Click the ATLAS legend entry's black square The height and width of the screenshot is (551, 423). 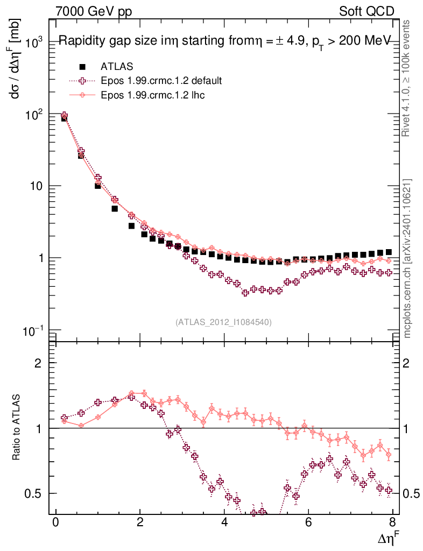click(82, 66)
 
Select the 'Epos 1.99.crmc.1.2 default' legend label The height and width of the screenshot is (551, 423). click(161, 81)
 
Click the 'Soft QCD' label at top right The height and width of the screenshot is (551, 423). click(366, 11)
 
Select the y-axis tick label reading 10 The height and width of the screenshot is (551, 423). click(38, 186)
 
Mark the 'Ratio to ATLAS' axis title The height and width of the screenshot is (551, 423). click(17, 428)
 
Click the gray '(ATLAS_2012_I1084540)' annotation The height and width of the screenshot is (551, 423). click(223, 322)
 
